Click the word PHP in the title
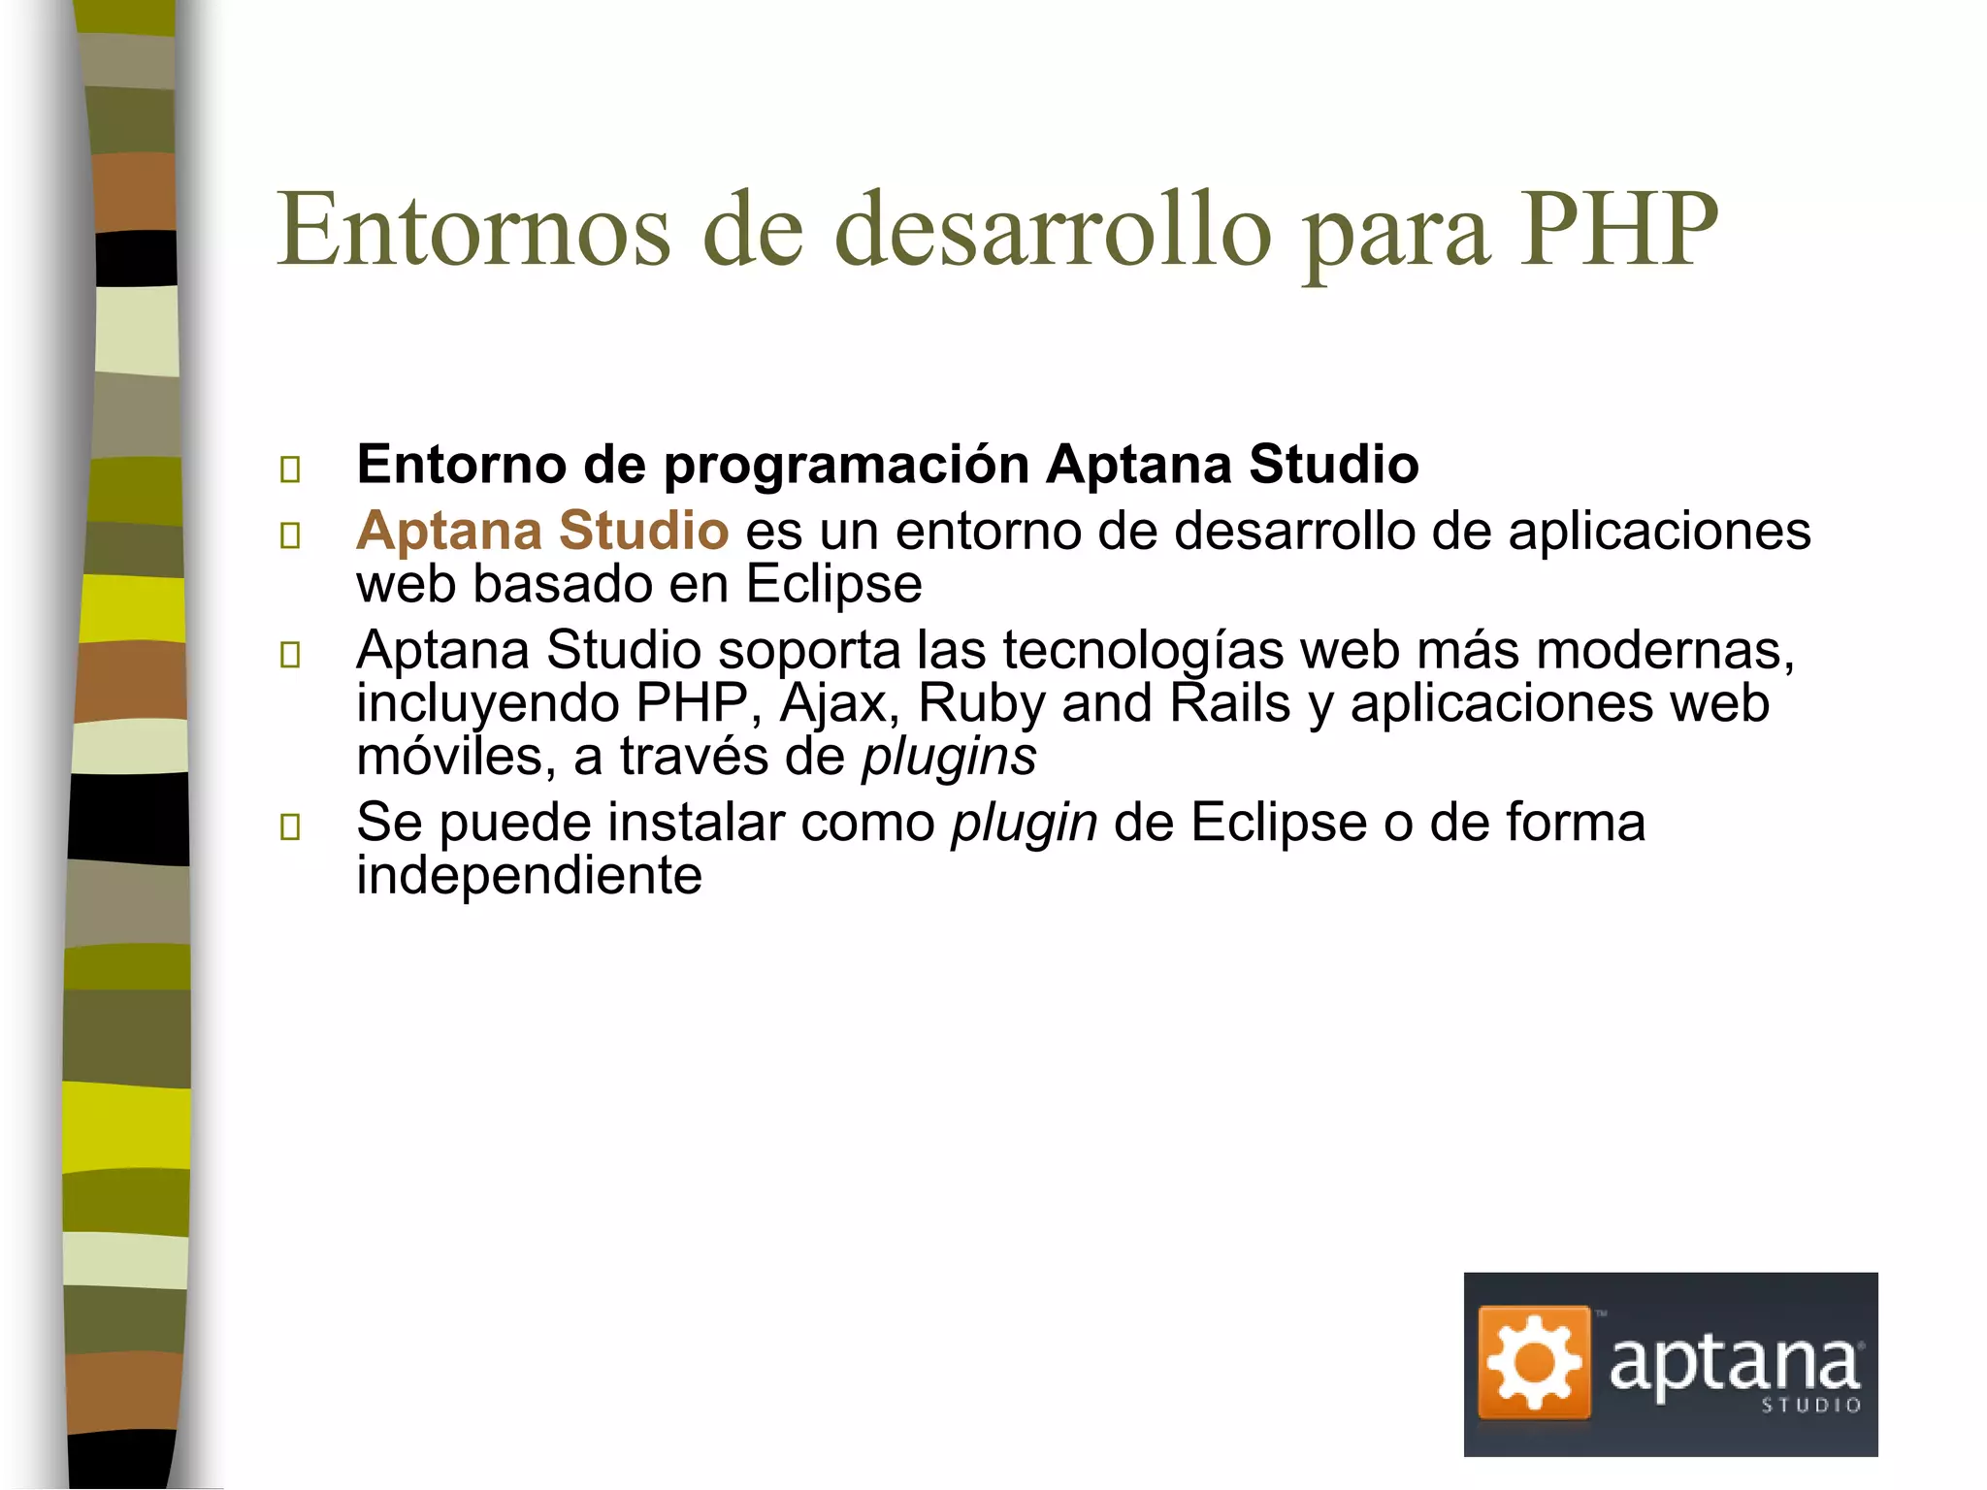pyautogui.click(x=1618, y=230)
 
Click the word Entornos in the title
pyautogui.click(x=473, y=230)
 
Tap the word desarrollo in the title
pyautogui.click(x=1052, y=230)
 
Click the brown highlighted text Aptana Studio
pyautogui.click(x=542, y=531)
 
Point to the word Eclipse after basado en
pyautogui.click(x=833, y=584)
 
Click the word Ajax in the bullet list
pyautogui.click(x=839, y=703)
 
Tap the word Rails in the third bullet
pyautogui.click(x=1229, y=703)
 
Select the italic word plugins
pyautogui.click(x=949, y=758)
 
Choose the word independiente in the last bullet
pyautogui.click(x=529, y=876)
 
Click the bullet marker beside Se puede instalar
pyautogui.click(x=290, y=826)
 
